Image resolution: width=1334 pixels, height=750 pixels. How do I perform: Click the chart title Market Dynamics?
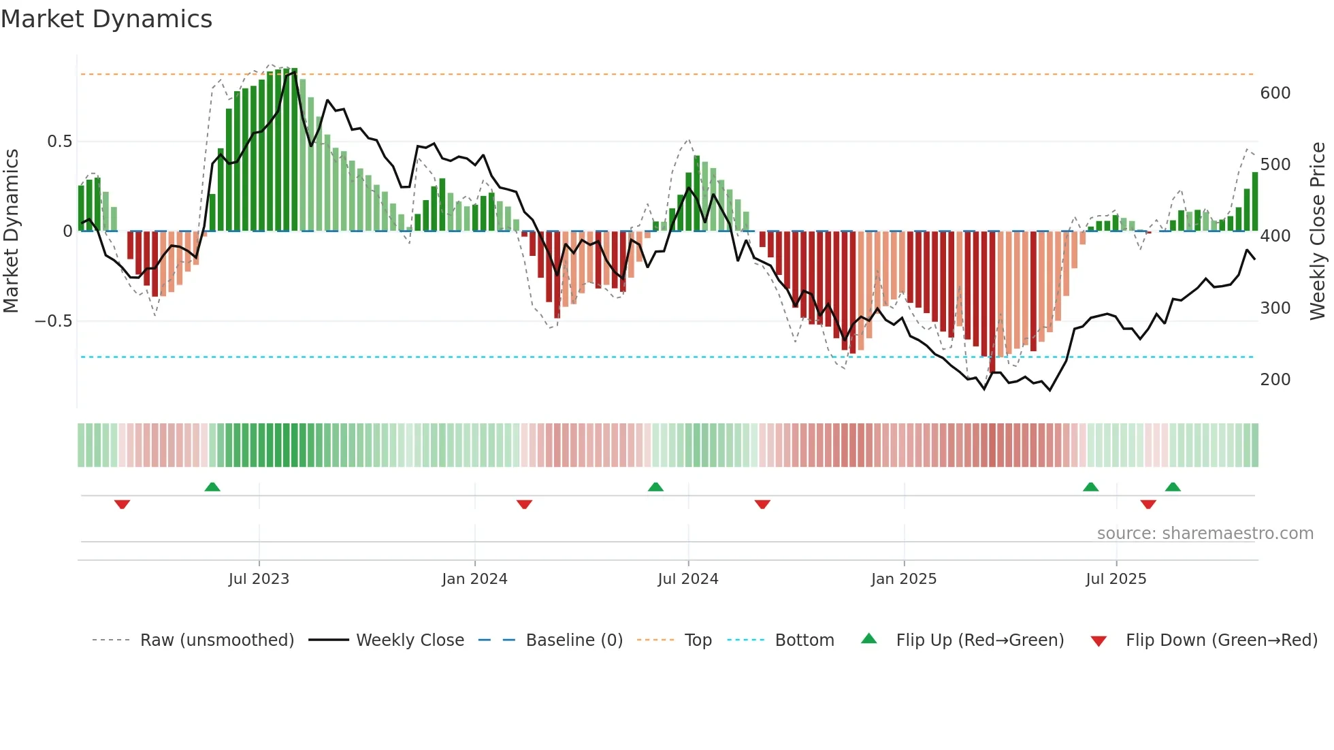pyautogui.click(x=107, y=19)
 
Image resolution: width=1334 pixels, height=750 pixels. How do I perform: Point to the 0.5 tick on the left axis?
pyautogui.click(x=59, y=142)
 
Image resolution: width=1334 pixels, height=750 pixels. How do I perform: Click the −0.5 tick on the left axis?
pyautogui.click(x=53, y=321)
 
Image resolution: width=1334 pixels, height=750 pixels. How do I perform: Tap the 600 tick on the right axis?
pyautogui.click(x=1275, y=93)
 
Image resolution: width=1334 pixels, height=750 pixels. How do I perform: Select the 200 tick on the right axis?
pyautogui.click(x=1275, y=380)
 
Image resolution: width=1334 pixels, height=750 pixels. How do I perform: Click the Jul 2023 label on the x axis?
pyautogui.click(x=259, y=579)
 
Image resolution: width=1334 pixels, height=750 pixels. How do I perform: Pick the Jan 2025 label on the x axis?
pyautogui.click(x=903, y=579)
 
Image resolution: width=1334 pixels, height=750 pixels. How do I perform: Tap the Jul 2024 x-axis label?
pyautogui.click(x=687, y=579)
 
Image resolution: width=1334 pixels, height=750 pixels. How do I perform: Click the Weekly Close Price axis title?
pyautogui.click(x=1318, y=231)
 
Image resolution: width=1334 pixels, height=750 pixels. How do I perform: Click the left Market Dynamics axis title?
pyautogui.click(x=11, y=231)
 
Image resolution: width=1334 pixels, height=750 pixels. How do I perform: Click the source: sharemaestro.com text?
pyautogui.click(x=1205, y=534)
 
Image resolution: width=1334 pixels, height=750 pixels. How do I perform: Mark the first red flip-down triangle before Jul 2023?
pyautogui.click(x=122, y=504)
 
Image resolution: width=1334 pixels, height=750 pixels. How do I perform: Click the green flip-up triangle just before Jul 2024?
pyautogui.click(x=655, y=487)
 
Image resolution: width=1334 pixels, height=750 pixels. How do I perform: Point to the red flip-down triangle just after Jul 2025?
pyautogui.click(x=1148, y=504)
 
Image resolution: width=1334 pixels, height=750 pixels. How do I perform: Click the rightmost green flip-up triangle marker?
pyautogui.click(x=1172, y=487)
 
